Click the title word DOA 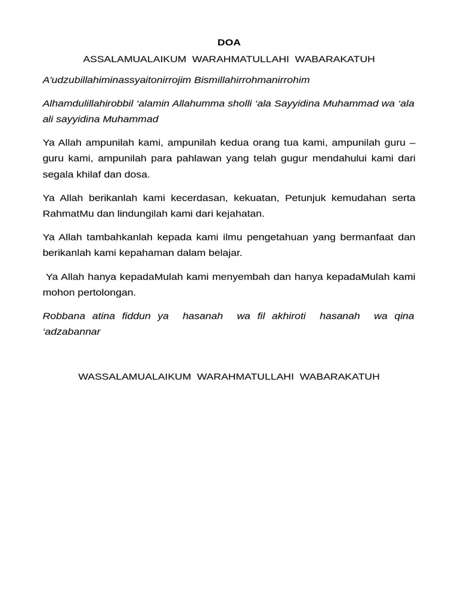229,42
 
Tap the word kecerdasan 188,198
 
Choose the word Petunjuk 305,198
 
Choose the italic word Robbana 64,316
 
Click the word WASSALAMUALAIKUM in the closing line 134,377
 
